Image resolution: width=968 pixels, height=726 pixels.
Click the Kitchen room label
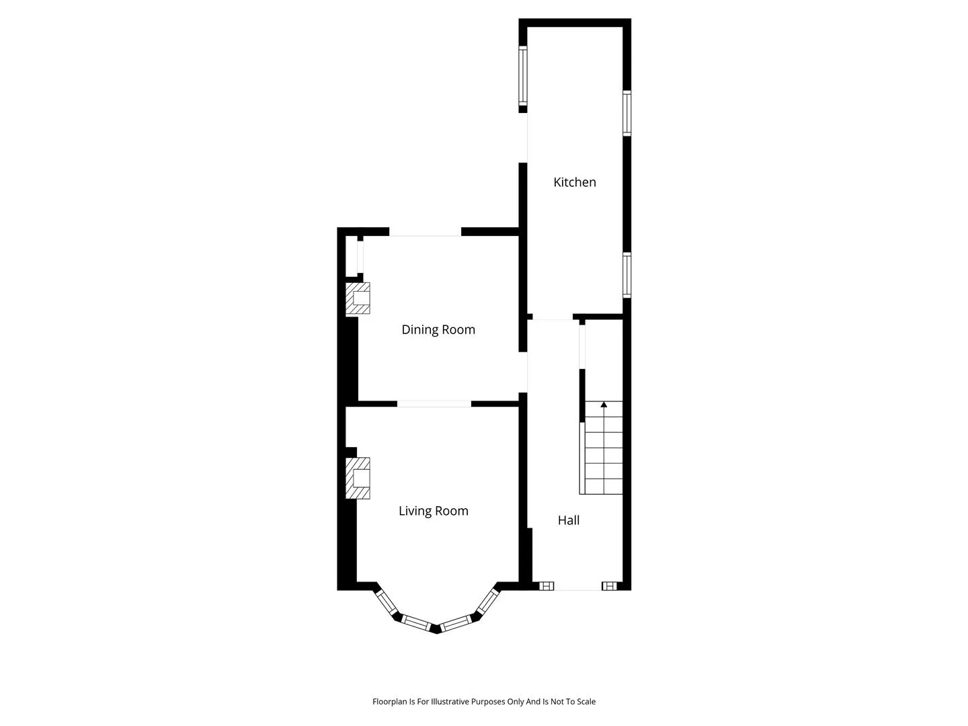pyautogui.click(x=574, y=182)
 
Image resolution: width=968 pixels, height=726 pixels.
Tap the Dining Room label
pyautogui.click(x=438, y=329)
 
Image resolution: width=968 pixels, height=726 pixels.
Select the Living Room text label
pyautogui.click(x=433, y=511)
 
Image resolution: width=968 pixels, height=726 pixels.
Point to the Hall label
pyautogui.click(x=569, y=520)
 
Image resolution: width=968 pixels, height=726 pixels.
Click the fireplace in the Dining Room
pyautogui.click(x=357, y=298)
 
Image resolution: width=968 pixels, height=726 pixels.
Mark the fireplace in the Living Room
pyautogui.click(x=357, y=478)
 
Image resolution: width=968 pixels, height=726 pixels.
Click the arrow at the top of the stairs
pyautogui.click(x=604, y=404)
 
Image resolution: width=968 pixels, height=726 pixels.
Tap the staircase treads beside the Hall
pyautogui.click(x=603, y=448)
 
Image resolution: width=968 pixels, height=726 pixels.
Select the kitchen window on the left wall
pyautogui.click(x=522, y=76)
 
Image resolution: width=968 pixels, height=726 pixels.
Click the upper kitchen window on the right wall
pyautogui.click(x=627, y=113)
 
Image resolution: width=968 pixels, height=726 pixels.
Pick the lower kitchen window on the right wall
pyautogui.click(x=627, y=275)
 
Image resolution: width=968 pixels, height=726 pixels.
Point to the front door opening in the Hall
pyautogui.click(x=577, y=586)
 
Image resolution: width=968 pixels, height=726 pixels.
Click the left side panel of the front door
pyautogui.click(x=547, y=586)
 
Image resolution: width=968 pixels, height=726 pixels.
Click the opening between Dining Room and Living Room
pyautogui.click(x=434, y=404)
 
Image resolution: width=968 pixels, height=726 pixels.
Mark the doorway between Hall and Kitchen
pyautogui.click(x=553, y=317)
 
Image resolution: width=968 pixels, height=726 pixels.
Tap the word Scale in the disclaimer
pyautogui.click(x=586, y=701)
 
